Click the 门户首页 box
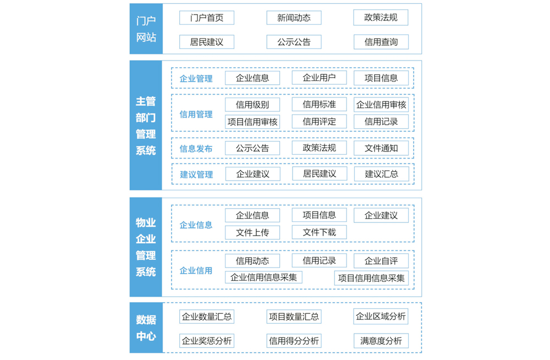[207, 18]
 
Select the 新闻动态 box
[294, 18]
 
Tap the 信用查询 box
[381, 42]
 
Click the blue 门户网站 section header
[146, 29]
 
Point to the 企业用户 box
[319, 78]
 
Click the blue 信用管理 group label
[196, 114]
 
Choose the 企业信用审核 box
[381, 105]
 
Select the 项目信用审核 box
[252, 122]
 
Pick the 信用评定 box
[319, 122]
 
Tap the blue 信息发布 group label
[196, 149]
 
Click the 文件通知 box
[381, 148]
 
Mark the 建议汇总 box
[382, 174]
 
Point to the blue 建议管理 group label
[196, 174]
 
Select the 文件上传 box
[252, 232]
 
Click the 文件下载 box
[319, 232]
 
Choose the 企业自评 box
[381, 260]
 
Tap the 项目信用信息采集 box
[371, 278]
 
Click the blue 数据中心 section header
[146, 328]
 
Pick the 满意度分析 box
[381, 341]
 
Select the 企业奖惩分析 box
[207, 341]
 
